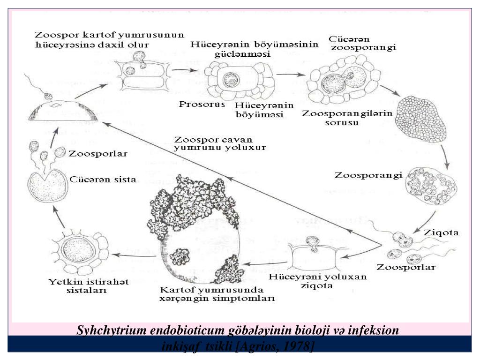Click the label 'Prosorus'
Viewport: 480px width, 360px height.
point(195,104)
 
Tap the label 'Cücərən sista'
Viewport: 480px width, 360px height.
point(103,180)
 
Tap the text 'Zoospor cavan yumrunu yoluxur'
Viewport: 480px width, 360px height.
point(220,143)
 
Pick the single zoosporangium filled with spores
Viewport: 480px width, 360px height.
point(431,185)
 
